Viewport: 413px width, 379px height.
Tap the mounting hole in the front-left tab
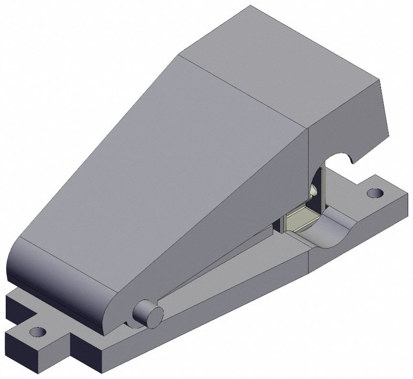coord(35,332)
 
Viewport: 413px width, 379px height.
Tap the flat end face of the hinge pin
coord(154,315)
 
